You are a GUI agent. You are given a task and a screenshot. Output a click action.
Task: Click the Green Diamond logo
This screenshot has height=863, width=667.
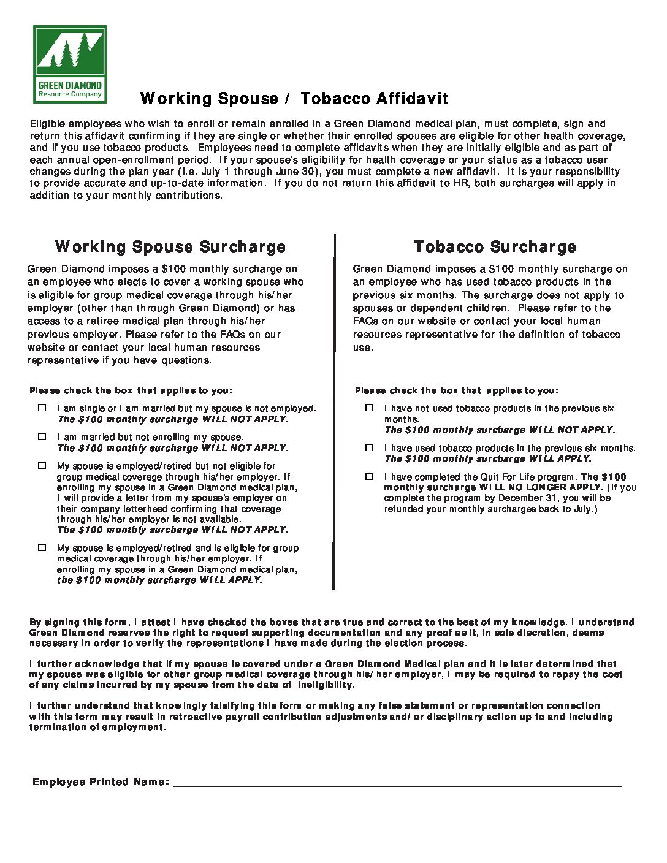click(x=69, y=64)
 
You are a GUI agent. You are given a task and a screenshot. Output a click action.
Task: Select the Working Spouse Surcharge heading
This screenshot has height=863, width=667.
click(x=170, y=246)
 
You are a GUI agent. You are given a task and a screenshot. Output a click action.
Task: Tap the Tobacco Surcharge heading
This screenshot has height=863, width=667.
click(x=495, y=246)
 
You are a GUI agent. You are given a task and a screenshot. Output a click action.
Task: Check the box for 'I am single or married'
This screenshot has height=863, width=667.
click(x=42, y=408)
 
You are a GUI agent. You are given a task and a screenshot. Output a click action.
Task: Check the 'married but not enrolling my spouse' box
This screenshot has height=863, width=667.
click(x=42, y=436)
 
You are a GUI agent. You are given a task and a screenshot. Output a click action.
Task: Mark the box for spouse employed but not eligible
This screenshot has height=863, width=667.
click(x=42, y=465)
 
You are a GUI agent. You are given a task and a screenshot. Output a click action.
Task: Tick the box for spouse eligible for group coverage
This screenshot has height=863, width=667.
click(x=42, y=547)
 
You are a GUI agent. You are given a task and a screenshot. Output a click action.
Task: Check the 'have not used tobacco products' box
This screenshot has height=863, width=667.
click(x=369, y=408)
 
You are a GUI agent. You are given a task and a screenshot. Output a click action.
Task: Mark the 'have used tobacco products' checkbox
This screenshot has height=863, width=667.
click(x=369, y=447)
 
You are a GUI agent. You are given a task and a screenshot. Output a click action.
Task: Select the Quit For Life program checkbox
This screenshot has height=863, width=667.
click(x=369, y=476)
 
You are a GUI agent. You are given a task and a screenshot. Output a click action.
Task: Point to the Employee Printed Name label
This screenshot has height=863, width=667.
click(x=101, y=782)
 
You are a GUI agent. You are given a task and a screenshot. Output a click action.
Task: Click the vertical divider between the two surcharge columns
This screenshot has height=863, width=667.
click(x=334, y=411)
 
